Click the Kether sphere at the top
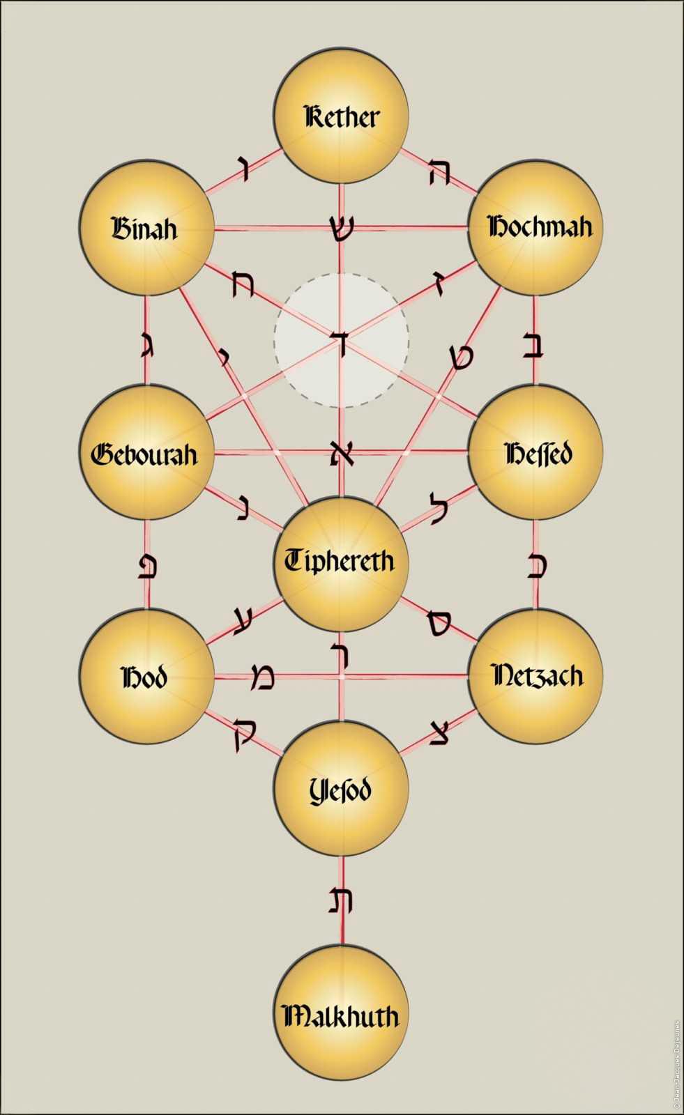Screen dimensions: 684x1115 341,116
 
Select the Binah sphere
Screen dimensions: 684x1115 147,228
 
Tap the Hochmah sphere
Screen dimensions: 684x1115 535,227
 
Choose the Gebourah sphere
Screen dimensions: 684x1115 147,452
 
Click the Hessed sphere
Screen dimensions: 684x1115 535,452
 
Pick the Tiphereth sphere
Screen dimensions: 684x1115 341,564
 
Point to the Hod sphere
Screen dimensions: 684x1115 147,677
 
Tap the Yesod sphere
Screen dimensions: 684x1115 341,788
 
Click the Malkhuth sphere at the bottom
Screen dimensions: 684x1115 341,1013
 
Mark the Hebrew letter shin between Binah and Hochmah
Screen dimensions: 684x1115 341,229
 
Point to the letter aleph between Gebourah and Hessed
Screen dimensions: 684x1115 342,453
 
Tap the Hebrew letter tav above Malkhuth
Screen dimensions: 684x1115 341,901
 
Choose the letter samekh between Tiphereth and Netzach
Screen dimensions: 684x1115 439,623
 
